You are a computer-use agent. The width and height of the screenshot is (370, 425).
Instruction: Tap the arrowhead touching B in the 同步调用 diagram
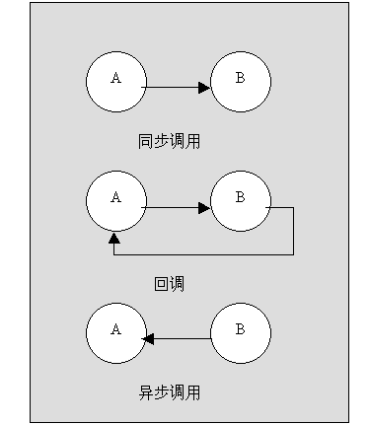tap(204, 88)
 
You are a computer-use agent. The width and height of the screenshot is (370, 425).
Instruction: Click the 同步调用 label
tap(170, 141)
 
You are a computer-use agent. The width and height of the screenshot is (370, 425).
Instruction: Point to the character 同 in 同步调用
tap(145, 141)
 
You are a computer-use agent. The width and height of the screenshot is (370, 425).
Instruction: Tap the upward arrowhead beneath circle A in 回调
tap(114, 238)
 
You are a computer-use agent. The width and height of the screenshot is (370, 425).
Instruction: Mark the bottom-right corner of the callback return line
tap(293, 254)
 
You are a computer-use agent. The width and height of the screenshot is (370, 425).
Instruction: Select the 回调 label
tap(170, 284)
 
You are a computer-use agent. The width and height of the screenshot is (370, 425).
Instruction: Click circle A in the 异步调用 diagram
tap(115, 332)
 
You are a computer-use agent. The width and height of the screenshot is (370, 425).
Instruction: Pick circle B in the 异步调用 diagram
tap(240, 332)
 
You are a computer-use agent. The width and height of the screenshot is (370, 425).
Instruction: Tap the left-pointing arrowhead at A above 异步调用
tap(149, 338)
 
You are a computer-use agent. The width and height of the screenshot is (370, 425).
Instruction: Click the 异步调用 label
tap(170, 391)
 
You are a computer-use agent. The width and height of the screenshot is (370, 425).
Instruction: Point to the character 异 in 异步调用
tap(145, 391)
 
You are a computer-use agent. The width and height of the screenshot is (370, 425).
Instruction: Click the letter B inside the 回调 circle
tap(240, 197)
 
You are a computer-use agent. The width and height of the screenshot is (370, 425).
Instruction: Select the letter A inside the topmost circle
tap(115, 79)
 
